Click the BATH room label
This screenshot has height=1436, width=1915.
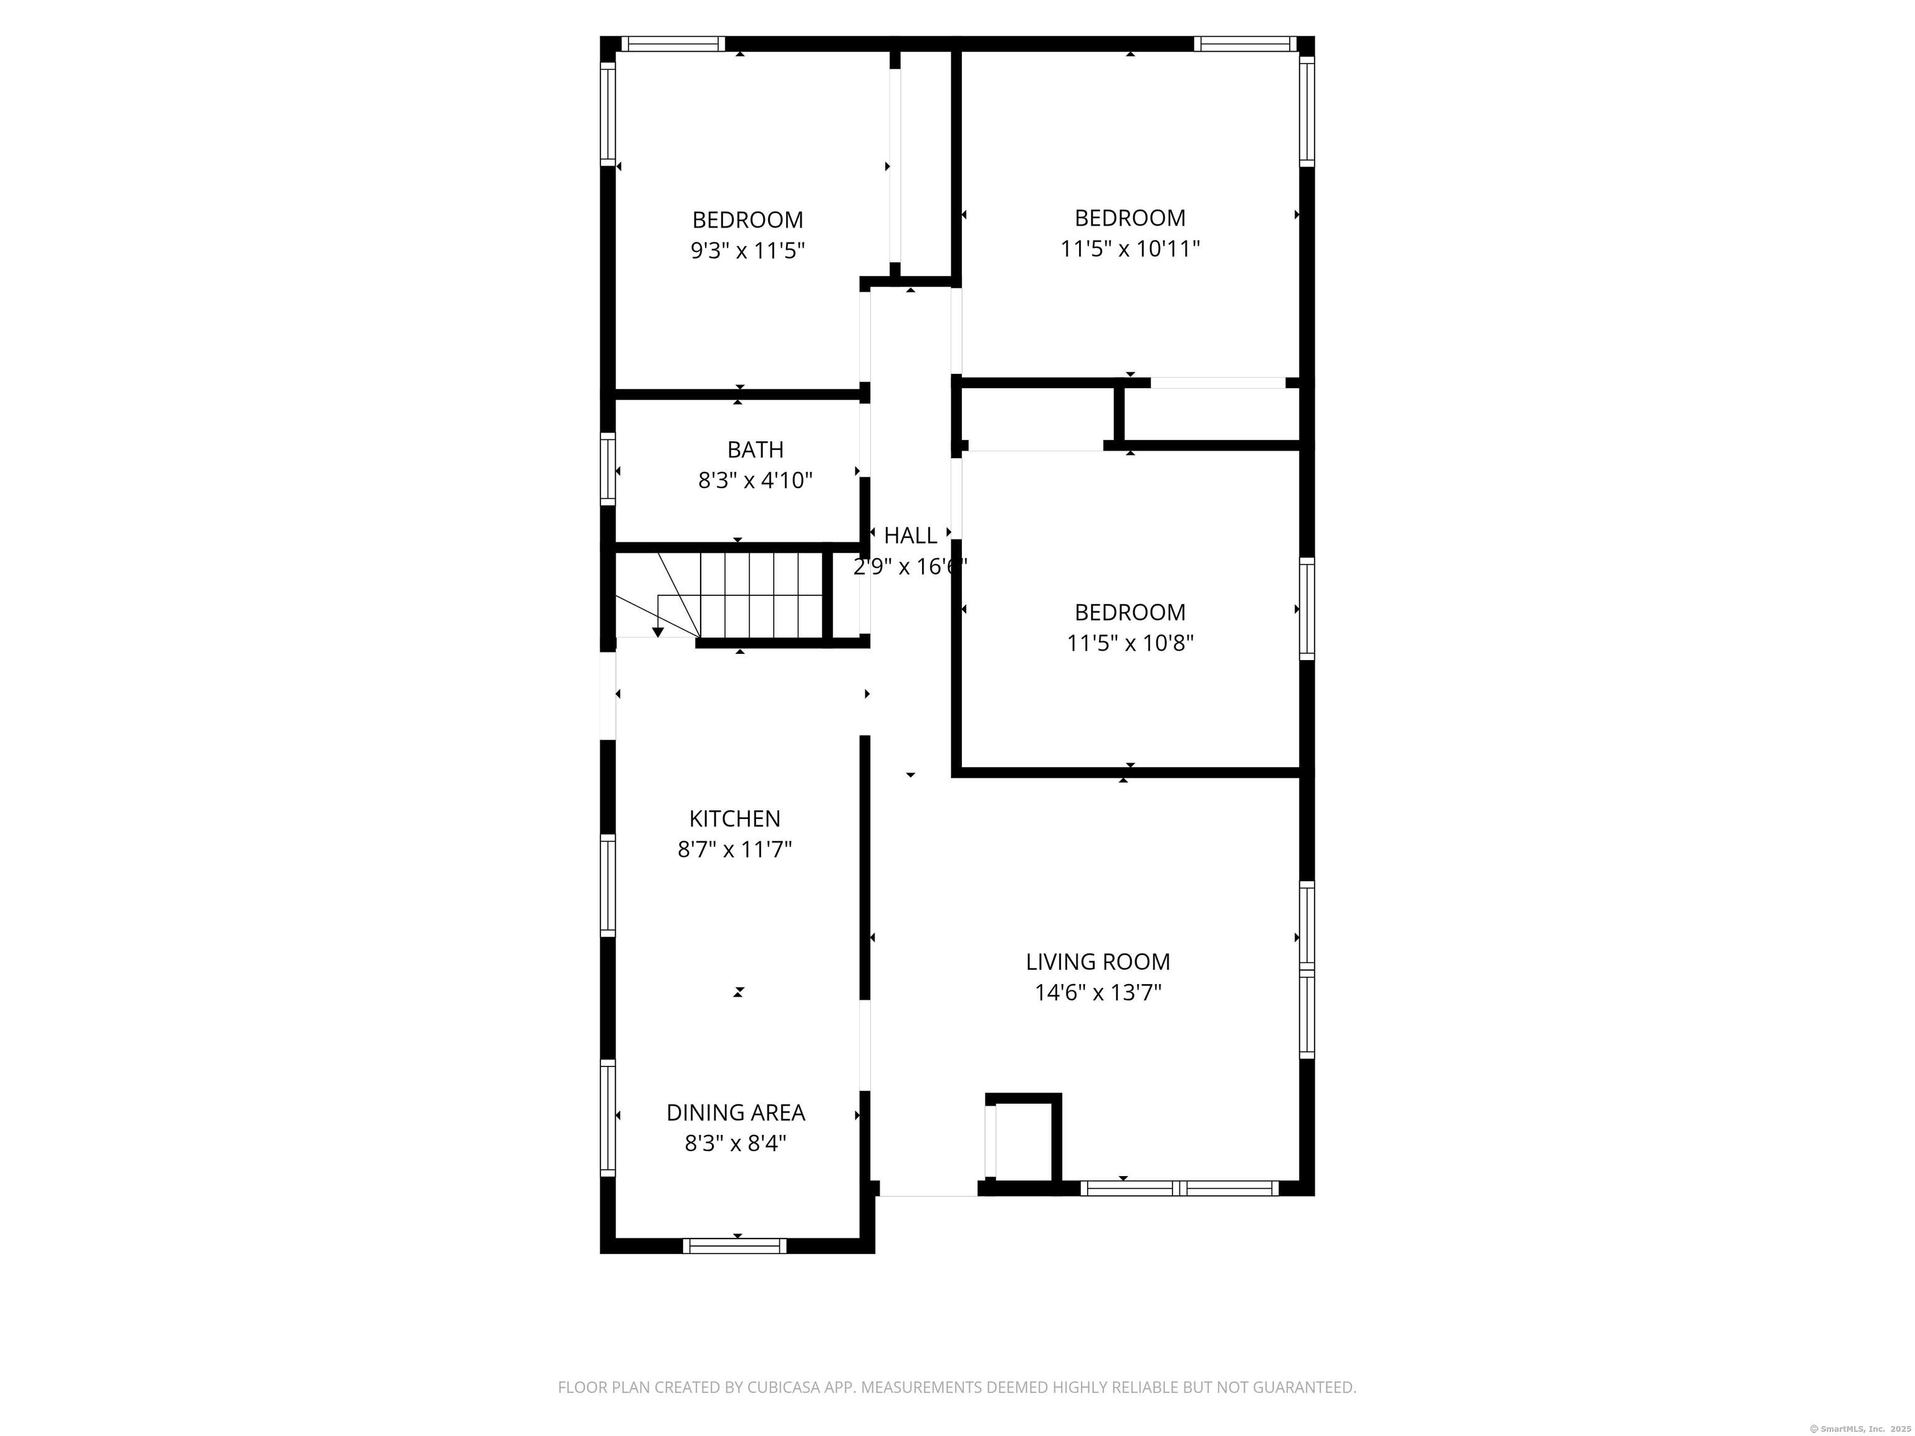point(755,449)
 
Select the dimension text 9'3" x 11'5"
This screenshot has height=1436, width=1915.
point(747,251)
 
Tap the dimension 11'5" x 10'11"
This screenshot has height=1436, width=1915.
point(1130,249)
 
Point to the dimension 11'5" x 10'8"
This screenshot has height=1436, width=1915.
point(1130,643)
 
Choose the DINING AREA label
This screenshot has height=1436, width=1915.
point(735,1113)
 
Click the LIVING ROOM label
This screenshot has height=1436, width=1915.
point(1098,962)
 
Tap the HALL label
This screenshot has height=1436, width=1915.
point(910,536)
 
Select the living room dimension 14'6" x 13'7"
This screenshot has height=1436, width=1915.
point(1098,993)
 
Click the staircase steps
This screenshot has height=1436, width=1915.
point(760,595)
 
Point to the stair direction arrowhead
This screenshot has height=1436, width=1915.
point(658,633)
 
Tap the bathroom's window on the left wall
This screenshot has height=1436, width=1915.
point(608,468)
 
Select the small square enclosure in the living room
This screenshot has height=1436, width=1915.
point(1024,1141)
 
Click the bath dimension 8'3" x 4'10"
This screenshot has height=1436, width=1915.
point(755,481)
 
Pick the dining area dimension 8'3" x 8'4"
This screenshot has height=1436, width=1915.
point(735,1144)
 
